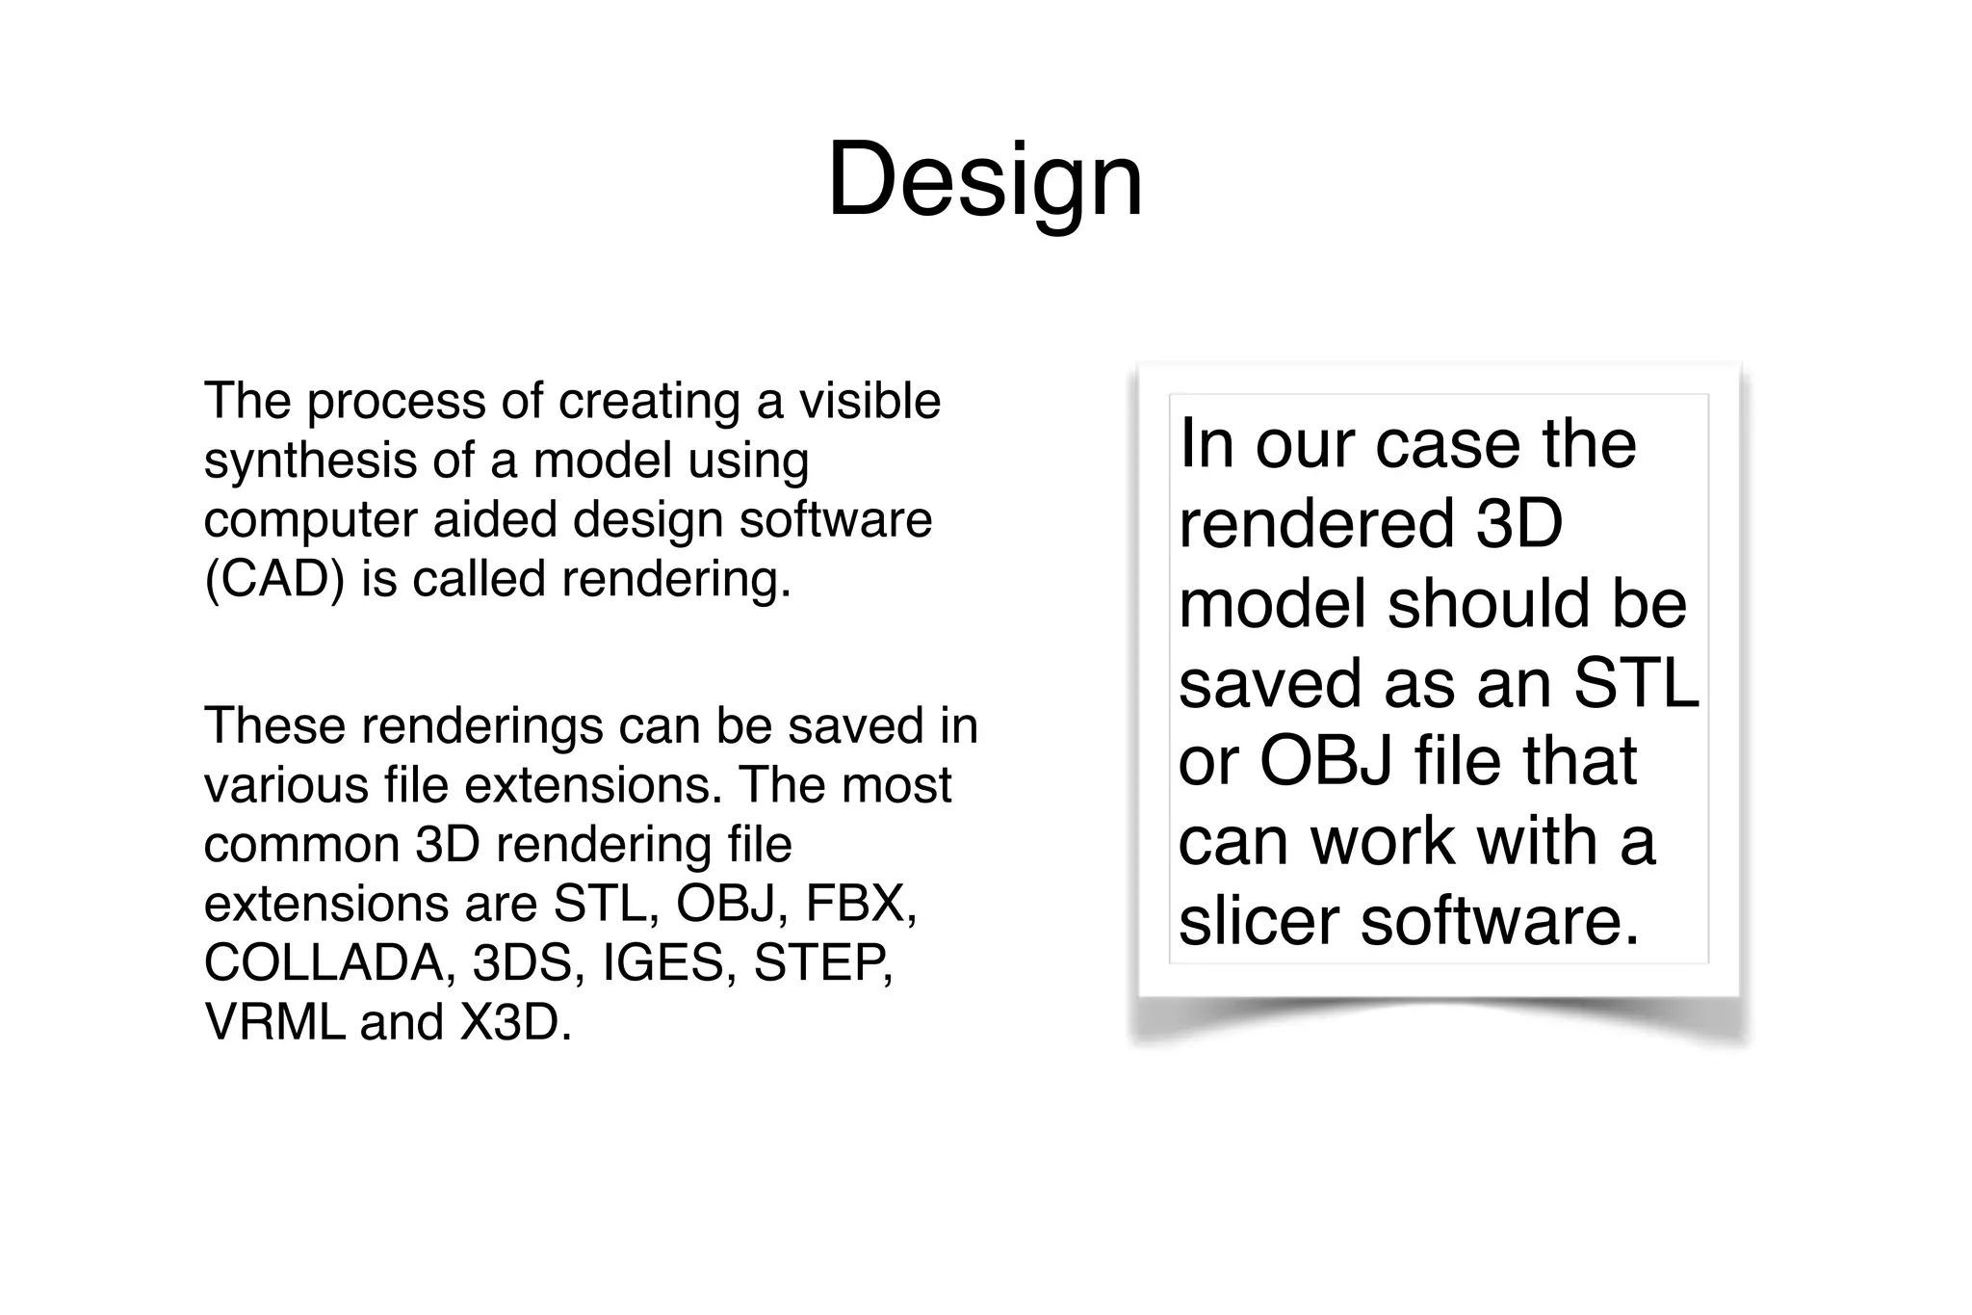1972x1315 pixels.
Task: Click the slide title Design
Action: click(x=985, y=180)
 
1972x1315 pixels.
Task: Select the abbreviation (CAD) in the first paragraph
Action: click(x=273, y=579)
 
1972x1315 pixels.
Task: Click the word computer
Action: click(x=308, y=520)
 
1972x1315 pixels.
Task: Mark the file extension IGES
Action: click(x=662, y=963)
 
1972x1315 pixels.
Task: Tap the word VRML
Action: click(x=274, y=1022)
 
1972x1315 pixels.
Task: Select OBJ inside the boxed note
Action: click(x=1327, y=762)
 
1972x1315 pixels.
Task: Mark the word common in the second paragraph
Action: click(x=301, y=845)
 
